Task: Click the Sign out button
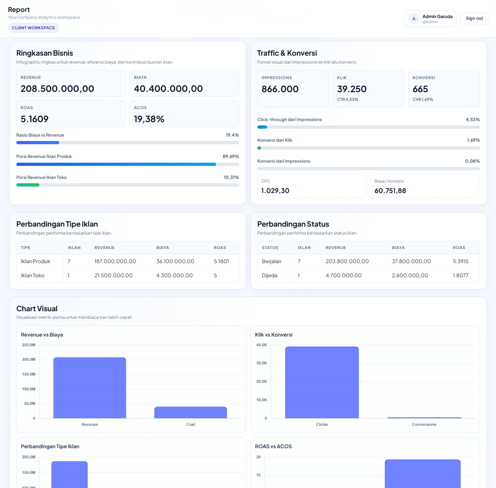(474, 18)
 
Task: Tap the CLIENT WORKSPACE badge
(33, 28)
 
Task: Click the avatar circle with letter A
(414, 19)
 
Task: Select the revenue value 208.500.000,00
(57, 89)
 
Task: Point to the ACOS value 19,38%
(149, 119)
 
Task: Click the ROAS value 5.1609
(34, 119)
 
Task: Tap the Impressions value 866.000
(280, 89)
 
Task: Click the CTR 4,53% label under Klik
(347, 99)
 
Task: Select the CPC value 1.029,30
(275, 191)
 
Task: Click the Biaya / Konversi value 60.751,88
(390, 191)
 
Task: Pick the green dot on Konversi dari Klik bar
(259, 148)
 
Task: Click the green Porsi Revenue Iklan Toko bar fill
(28, 185)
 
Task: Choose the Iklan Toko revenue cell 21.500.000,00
(114, 275)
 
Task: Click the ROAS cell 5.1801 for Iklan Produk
(221, 261)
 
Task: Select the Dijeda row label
(269, 275)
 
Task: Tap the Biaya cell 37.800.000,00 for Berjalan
(411, 261)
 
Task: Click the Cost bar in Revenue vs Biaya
(191, 412)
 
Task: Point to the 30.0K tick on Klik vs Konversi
(261, 363)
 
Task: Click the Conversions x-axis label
(424, 424)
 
